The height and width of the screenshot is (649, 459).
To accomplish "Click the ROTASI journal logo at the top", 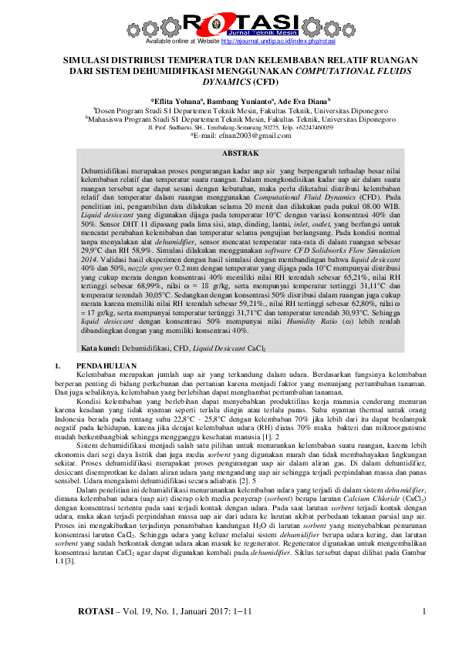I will point(228,22).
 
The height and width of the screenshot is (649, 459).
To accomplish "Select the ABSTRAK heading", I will point(229,155).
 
